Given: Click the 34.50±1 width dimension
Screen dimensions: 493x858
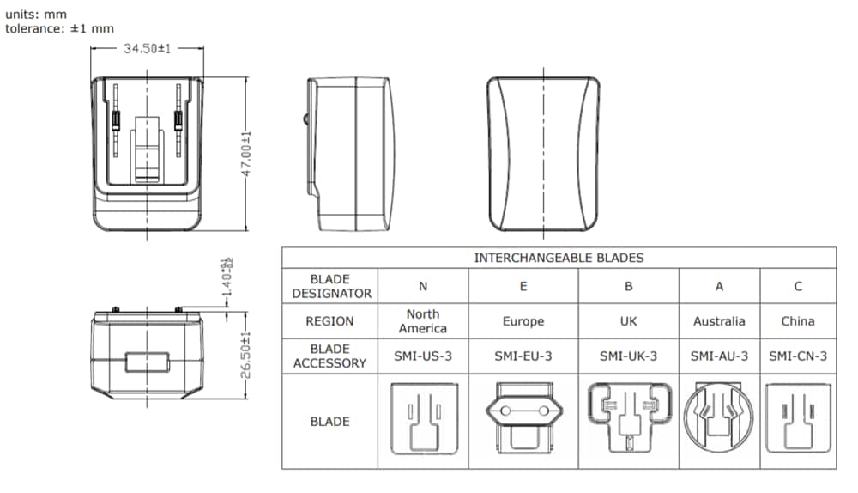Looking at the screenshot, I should click(x=148, y=49).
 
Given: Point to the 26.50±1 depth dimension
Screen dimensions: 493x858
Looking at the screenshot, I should click(x=245, y=355).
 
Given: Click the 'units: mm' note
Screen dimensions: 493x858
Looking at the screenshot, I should click(x=36, y=14).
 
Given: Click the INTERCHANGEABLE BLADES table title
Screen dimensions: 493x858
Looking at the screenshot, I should click(x=559, y=258).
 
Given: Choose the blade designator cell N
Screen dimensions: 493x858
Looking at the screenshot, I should click(x=423, y=286).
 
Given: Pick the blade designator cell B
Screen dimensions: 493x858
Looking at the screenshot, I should click(x=628, y=286).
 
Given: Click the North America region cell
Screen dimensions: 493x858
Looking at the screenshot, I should click(x=423, y=321).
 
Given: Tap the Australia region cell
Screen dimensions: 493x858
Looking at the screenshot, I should click(x=719, y=321).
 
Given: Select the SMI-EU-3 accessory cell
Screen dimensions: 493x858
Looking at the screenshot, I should click(x=523, y=356).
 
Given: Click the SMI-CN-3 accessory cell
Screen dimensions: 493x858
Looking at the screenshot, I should click(x=798, y=356).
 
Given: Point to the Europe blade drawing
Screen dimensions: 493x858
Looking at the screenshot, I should click(x=523, y=419).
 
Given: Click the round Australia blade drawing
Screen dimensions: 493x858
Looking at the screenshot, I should click(x=718, y=419).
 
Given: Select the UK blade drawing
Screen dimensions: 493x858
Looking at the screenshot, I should click(x=628, y=419).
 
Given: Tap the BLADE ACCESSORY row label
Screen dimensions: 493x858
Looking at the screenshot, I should click(x=330, y=356).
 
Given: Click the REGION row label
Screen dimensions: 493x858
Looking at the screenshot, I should click(x=330, y=321).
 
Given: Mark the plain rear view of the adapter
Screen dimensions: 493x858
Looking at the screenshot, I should click(x=543, y=155).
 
